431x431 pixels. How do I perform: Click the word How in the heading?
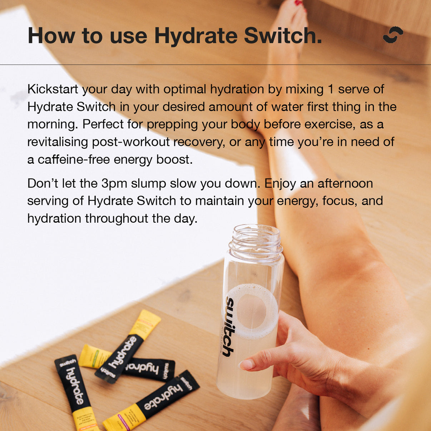coord(51,36)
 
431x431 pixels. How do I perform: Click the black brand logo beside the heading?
coord(393,35)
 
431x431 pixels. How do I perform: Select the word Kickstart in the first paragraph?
coord(53,89)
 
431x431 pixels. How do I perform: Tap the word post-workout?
coord(131,142)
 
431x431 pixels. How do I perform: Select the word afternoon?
coord(345,183)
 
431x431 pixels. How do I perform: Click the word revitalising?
coord(58,142)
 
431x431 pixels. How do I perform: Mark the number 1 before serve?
coord(331,89)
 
